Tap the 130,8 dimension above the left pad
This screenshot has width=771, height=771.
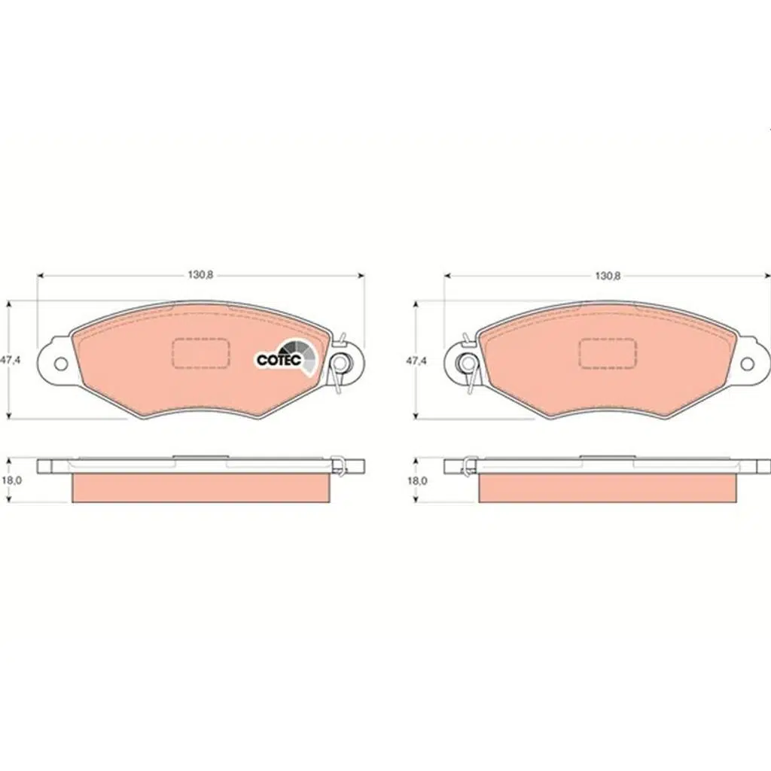[x=200, y=276]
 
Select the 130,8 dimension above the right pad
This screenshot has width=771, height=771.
[x=608, y=276]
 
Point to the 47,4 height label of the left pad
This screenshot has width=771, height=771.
[x=10, y=361]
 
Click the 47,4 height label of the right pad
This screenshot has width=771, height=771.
[x=416, y=361]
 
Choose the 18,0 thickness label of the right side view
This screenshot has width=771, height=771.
[x=417, y=480]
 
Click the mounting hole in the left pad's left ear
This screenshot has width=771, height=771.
[x=61, y=364]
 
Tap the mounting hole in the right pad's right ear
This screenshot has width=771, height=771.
[x=748, y=364]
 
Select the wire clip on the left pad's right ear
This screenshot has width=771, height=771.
[x=339, y=364]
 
